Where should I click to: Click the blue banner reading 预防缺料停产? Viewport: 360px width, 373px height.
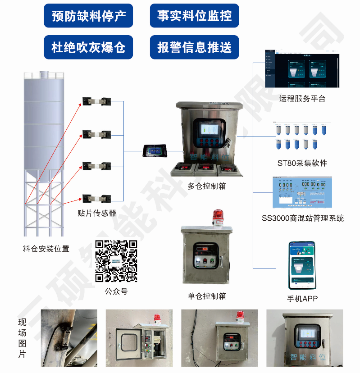click(88, 16)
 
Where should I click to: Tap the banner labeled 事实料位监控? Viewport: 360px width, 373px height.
click(194, 16)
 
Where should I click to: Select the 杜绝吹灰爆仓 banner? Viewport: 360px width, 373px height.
click(88, 47)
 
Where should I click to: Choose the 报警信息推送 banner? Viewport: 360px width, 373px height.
click(194, 47)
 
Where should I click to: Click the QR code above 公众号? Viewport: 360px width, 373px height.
click(116, 261)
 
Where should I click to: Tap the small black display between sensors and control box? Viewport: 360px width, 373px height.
click(155, 151)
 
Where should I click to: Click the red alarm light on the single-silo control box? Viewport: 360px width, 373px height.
click(219, 217)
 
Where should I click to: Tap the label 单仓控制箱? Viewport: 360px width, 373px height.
click(207, 296)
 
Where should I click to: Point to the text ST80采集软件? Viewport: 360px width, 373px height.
click(302, 163)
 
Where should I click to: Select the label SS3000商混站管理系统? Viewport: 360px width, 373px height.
click(303, 218)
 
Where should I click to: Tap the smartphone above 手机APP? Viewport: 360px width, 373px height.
click(302, 265)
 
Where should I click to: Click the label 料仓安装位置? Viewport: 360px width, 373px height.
click(46, 248)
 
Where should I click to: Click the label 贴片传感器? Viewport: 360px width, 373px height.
click(96, 213)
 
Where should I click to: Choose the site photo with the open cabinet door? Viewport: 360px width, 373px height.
click(139, 338)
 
